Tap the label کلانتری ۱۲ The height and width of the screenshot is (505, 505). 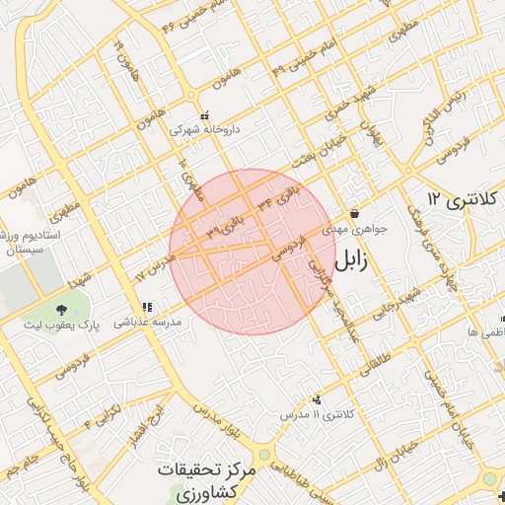(466, 200)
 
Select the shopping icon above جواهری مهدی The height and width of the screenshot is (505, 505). (354, 214)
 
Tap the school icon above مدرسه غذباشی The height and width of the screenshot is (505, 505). (147, 308)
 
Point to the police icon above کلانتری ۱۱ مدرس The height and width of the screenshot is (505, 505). (317, 399)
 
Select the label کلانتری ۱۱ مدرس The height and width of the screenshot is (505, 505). (315, 414)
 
